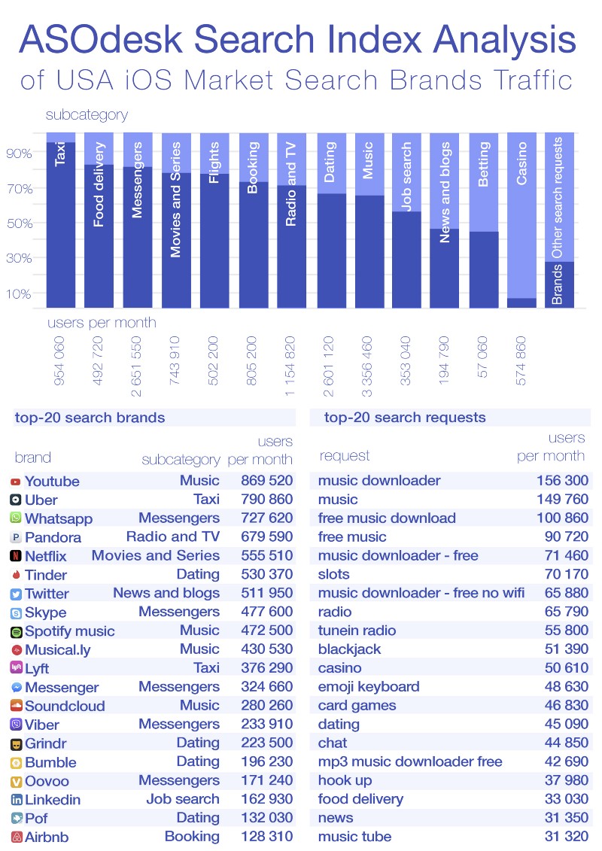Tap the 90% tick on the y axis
click(x=20, y=153)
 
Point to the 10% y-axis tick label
click(x=20, y=293)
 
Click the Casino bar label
click(x=521, y=164)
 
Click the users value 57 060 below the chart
click(x=483, y=356)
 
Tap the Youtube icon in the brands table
click(x=16, y=482)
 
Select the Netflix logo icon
click(x=16, y=556)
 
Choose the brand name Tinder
click(x=46, y=575)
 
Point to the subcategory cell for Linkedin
click(x=183, y=799)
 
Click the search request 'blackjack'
click(x=349, y=649)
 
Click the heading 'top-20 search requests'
click(x=405, y=418)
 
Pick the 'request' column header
click(x=345, y=455)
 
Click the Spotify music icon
click(x=16, y=631)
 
